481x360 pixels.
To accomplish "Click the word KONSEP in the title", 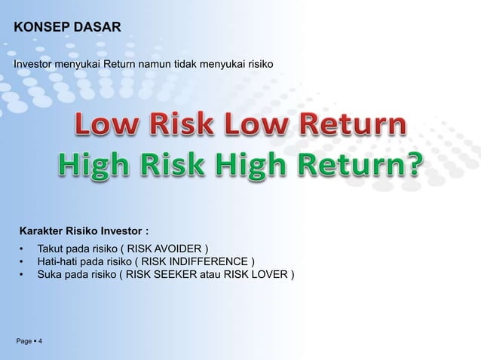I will tap(40, 29).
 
